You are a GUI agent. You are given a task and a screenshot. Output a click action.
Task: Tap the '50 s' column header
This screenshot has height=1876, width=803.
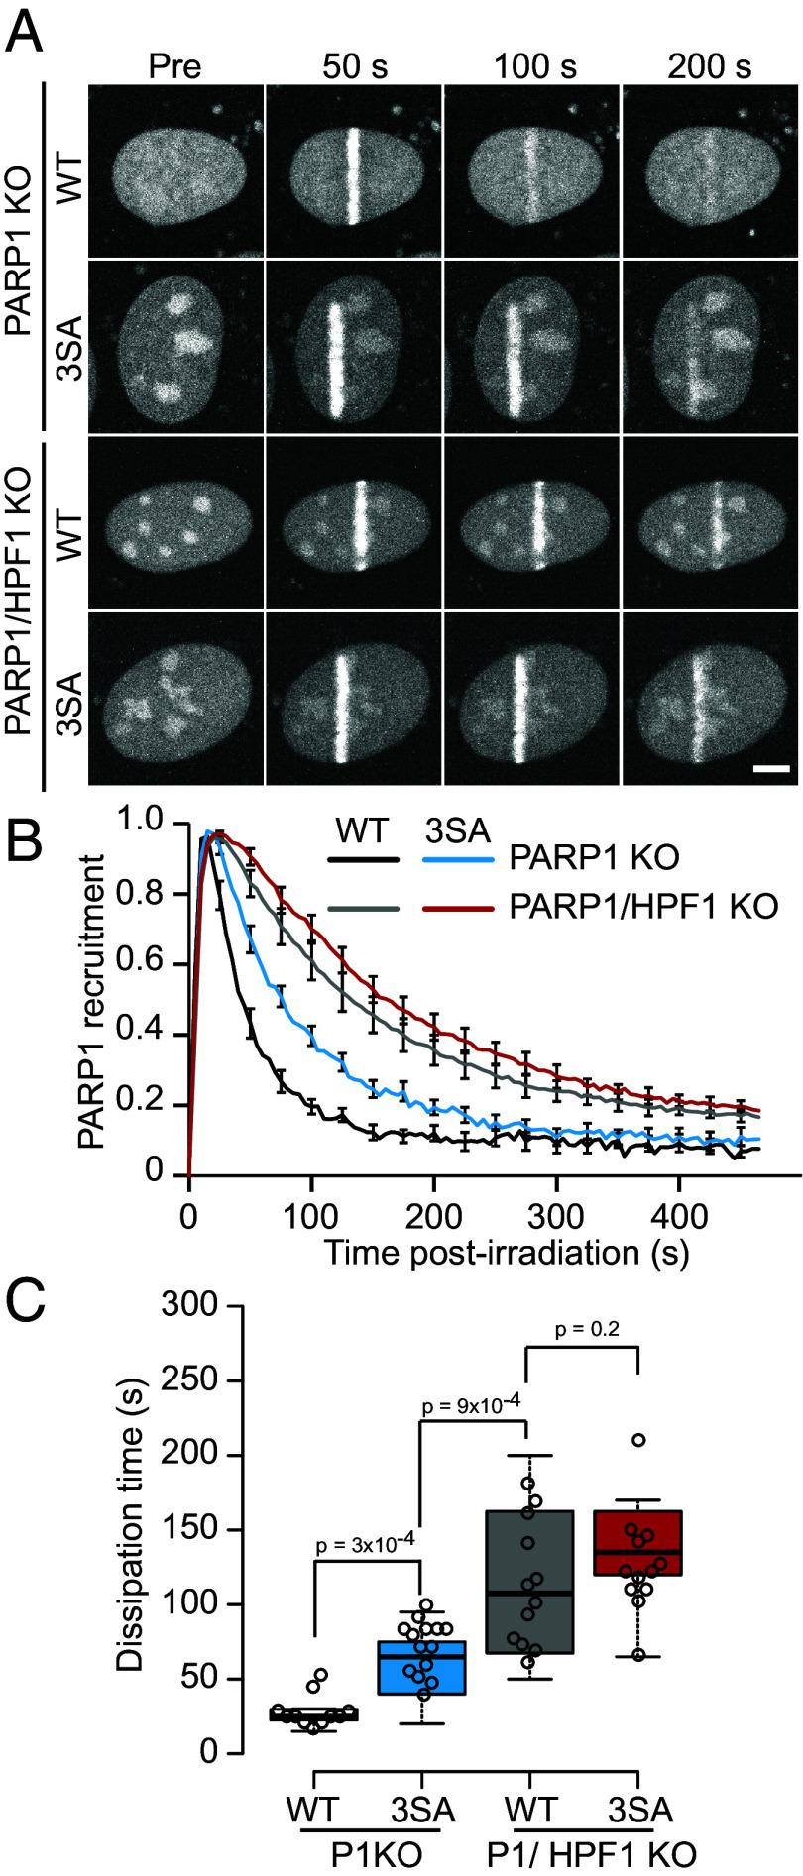tap(354, 67)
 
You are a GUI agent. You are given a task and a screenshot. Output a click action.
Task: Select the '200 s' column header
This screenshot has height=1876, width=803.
tap(709, 67)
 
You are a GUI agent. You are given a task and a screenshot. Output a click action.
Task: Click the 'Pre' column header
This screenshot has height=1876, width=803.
tap(174, 67)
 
